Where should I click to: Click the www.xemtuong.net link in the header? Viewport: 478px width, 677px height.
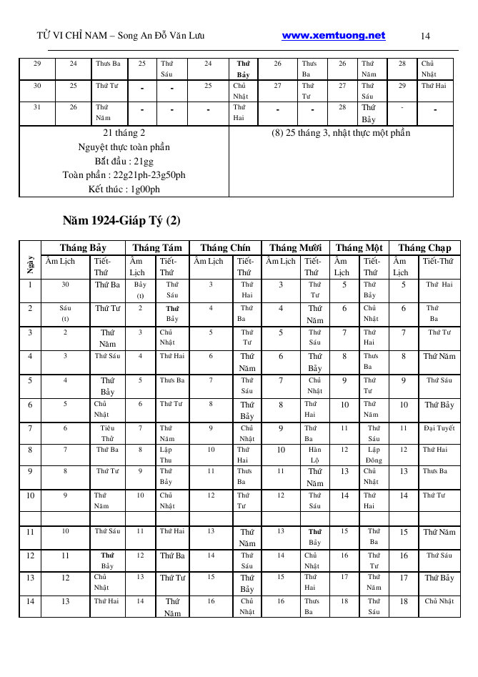click(334, 36)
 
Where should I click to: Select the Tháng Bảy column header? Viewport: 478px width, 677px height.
click(83, 248)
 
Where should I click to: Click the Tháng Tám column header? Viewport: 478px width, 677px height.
click(157, 248)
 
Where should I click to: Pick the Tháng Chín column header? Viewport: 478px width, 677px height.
click(225, 248)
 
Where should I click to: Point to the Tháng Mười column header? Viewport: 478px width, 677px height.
click(294, 248)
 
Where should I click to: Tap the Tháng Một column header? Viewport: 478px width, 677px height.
click(359, 248)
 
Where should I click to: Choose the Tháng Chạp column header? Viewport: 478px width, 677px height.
click(424, 248)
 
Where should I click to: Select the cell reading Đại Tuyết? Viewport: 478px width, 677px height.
click(439, 429)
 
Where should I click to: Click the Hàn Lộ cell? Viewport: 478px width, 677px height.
click(315, 455)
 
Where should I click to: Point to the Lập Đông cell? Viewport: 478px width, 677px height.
click(374, 455)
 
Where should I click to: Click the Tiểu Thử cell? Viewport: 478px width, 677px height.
click(107, 433)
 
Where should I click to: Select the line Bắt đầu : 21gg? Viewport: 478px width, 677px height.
click(124, 161)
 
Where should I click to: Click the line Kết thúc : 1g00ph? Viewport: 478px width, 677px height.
click(124, 189)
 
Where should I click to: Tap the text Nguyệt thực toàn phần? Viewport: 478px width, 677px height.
click(124, 147)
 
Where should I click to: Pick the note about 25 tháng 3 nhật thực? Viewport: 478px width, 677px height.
click(341, 133)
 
